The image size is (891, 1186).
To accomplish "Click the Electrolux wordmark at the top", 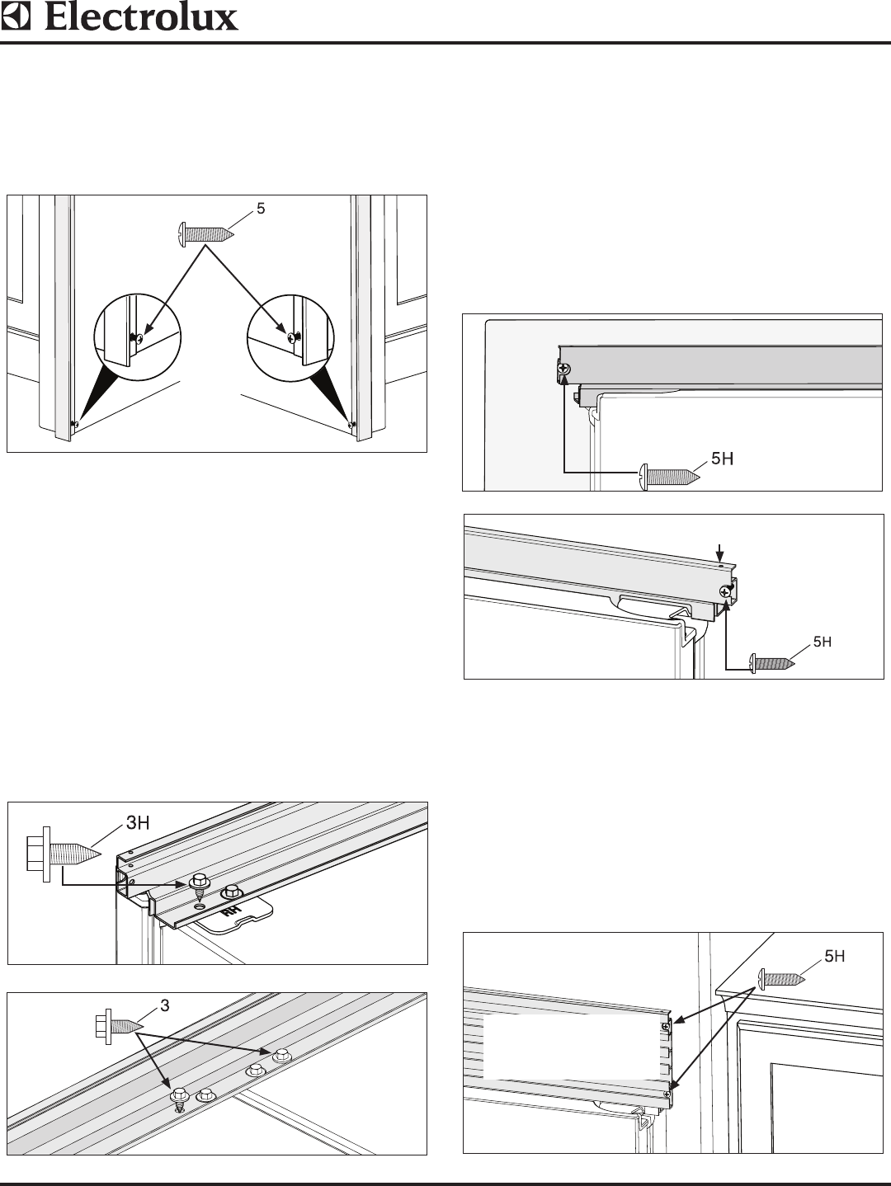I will [141, 17].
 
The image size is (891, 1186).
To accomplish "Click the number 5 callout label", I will [261, 209].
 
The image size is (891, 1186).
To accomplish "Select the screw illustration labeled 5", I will [205, 233].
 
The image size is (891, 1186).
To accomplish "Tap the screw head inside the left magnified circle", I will [139, 337].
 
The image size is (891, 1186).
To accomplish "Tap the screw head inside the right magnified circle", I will [291, 337].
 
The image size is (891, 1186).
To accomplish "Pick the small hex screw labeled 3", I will [116, 1025].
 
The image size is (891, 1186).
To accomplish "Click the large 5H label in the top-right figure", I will [723, 458].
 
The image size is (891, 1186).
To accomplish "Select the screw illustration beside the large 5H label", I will [669, 476].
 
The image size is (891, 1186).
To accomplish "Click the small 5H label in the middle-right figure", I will [823, 642].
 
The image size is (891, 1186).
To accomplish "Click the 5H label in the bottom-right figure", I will [835, 956].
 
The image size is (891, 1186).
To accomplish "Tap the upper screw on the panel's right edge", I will [664, 1026].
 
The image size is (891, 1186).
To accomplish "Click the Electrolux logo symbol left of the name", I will [17, 17].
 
